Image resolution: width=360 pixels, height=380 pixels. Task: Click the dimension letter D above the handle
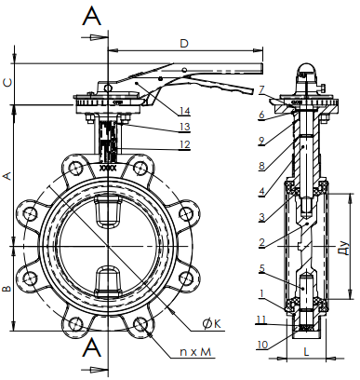pos(184,44)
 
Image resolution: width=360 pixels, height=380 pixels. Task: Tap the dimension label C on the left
pos(7,83)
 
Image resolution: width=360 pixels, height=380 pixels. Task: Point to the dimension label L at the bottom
pos(306,352)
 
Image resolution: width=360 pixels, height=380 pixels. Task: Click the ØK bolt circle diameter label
pos(212,324)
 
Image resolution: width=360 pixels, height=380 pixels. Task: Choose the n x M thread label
pos(195,352)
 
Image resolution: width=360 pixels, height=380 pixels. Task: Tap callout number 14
pos(184,111)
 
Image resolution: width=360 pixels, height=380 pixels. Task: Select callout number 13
pos(184,127)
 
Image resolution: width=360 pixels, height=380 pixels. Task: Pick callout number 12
pos(184,144)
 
